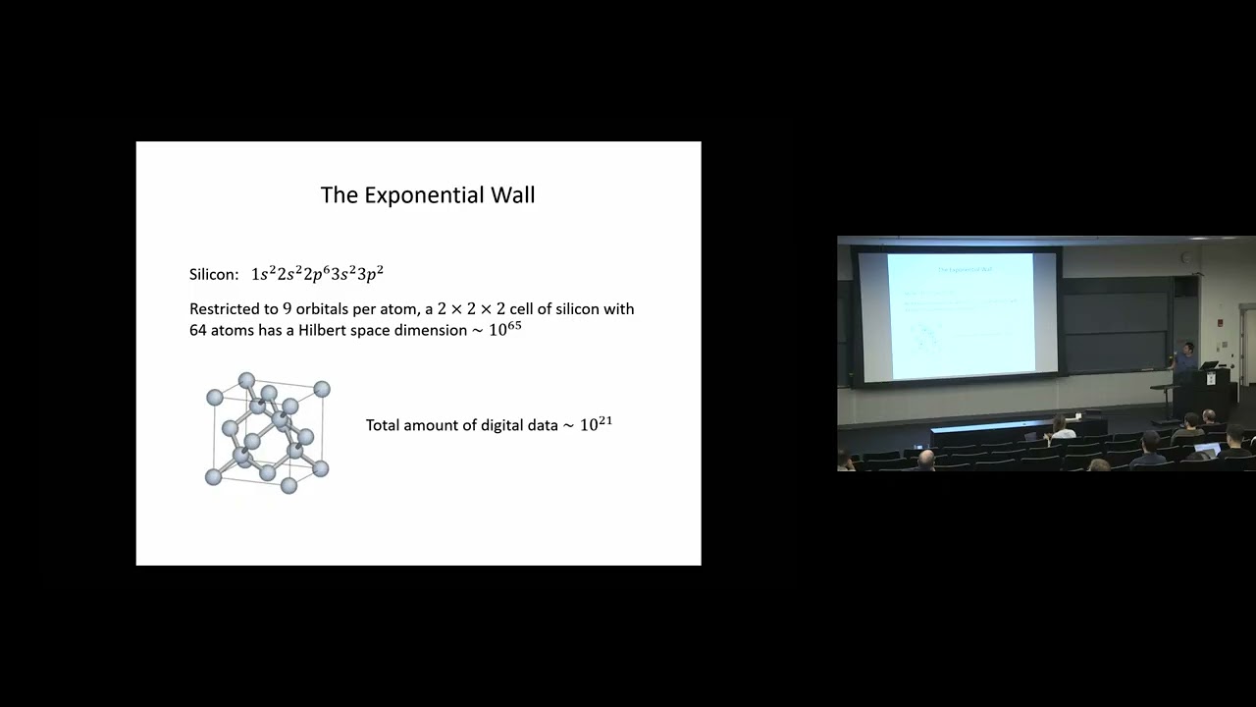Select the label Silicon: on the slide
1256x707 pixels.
214,275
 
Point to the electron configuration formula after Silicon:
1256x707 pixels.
317,274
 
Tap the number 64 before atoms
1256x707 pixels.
199,331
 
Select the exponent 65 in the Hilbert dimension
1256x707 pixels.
514,324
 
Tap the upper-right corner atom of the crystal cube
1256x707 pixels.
322,389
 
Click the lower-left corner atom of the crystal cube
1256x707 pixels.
213,477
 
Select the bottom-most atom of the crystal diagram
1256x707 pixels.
288,486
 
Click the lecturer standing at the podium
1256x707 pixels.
1184,359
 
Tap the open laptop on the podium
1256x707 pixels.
1209,365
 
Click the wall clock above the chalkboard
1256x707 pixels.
1186,257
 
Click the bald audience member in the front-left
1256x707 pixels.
925,459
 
